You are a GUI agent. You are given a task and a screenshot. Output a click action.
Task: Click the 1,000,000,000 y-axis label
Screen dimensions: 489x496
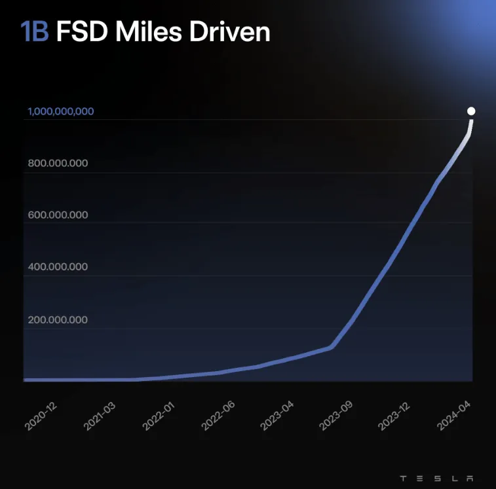(60, 111)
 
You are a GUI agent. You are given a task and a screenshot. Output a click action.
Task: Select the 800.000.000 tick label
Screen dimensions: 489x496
(58, 164)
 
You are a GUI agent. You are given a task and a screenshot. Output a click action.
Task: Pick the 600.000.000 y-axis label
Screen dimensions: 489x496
(58, 215)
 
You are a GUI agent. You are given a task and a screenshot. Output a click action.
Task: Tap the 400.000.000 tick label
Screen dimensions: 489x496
(58, 267)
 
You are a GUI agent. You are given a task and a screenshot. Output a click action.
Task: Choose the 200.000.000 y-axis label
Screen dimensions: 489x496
(58, 319)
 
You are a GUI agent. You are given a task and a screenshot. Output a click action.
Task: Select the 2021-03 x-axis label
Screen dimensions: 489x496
(100, 415)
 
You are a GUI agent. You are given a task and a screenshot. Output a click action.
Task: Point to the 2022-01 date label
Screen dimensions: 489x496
(159, 415)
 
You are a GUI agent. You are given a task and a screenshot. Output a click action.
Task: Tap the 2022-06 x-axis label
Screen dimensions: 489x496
(218, 415)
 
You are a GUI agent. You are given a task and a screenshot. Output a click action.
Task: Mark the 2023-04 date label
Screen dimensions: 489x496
(277, 415)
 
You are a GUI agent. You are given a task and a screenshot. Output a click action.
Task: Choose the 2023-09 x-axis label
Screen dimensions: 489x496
(335, 415)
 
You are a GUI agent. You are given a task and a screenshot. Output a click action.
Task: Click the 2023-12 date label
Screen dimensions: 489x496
(394, 415)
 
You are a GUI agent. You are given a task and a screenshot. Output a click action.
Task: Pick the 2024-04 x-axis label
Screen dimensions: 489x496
(453, 415)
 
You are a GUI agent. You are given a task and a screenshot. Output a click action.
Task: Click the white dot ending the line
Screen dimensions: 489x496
(471, 111)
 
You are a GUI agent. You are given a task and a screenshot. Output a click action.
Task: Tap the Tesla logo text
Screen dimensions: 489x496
(436, 477)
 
